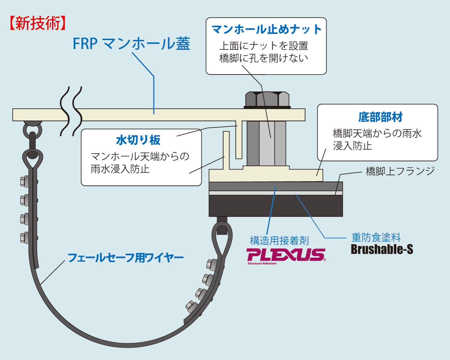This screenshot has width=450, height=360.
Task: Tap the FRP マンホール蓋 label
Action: click(x=131, y=44)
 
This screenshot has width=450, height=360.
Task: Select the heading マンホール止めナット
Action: click(x=266, y=29)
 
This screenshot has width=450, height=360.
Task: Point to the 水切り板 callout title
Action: click(x=138, y=140)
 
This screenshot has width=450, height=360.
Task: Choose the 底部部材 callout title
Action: click(x=380, y=117)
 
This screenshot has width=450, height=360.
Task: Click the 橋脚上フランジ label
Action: click(x=400, y=171)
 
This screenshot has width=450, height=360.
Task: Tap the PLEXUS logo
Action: click(x=286, y=255)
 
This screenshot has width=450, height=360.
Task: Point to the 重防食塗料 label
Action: click(x=376, y=237)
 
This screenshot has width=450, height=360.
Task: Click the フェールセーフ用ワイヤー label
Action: click(x=126, y=258)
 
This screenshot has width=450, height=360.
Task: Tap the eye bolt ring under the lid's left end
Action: click(x=32, y=129)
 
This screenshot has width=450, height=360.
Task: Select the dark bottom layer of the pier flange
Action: click(x=275, y=206)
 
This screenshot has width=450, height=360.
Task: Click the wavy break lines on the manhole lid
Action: click(x=71, y=112)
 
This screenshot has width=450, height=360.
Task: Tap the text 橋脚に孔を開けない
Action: click(x=263, y=58)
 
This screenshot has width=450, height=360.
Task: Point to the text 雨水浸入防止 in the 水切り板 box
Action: click(x=120, y=169)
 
